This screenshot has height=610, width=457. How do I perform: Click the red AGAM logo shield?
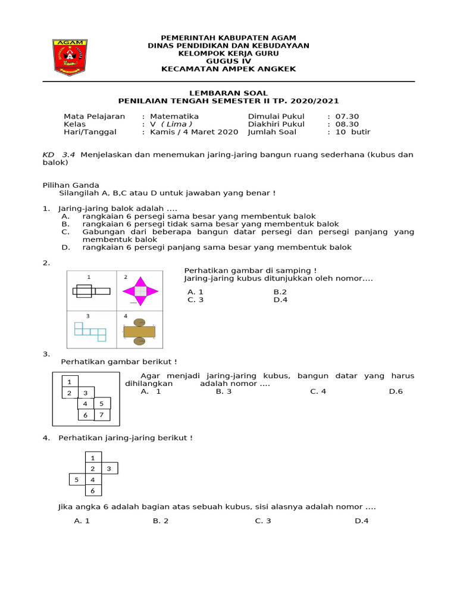tap(70, 57)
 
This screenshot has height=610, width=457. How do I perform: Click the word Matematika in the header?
tap(174, 116)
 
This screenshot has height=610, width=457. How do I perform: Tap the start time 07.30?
tap(348, 116)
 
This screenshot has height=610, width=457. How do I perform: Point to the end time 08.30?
tap(348, 124)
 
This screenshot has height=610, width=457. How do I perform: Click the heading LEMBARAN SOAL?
tap(228, 94)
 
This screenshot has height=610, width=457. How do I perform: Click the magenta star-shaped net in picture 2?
tap(140, 291)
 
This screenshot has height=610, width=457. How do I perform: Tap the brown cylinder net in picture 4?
tap(140, 332)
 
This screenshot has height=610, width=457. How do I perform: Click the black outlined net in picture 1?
tap(91, 291)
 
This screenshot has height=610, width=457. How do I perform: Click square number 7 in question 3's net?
tap(102, 415)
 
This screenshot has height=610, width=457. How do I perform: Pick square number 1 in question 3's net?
tap(70, 381)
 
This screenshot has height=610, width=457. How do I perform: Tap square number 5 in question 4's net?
tap(76, 480)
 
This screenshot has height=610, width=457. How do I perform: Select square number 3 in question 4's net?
tap(109, 469)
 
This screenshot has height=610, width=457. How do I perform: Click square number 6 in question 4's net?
tap(92, 491)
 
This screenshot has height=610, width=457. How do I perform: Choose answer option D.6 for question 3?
tap(396, 391)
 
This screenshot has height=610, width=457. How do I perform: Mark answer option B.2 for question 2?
tap(280, 292)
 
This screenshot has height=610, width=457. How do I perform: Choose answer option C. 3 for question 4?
tap(263, 521)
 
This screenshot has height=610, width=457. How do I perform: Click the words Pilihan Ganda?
tap(71, 185)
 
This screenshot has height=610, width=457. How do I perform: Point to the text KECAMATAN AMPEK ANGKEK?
tap(228, 69)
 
